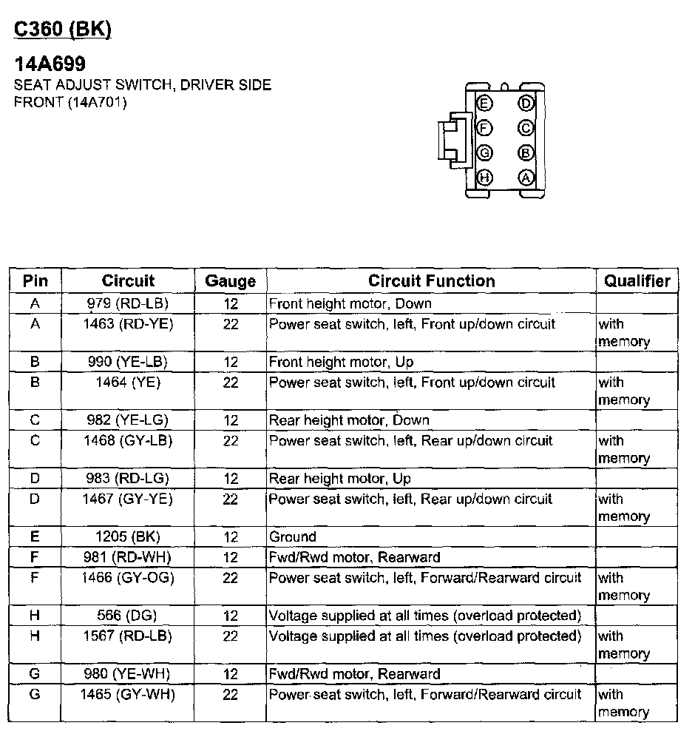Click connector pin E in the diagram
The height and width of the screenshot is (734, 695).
tap(485, 103)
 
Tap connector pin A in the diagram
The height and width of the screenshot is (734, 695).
tap(526, 178)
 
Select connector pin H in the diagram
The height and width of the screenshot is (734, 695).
tap(485, 178)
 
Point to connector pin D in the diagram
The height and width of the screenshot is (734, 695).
tap(526, 103)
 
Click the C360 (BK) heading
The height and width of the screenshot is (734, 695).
tap(63, 30)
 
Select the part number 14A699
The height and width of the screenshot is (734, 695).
tap(50, 64)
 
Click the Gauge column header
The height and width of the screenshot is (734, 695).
tap(231, 281)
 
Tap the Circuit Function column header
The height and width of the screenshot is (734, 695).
tap(432, 281)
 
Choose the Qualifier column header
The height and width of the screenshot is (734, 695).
tap(637, 281)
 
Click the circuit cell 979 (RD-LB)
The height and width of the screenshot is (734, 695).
tap(128, 303)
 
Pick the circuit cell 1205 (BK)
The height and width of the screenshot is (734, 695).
tap(128, 536)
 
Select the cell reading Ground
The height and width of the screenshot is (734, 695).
tap(293, 536)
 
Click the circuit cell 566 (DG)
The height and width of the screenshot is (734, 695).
tap(127, 616)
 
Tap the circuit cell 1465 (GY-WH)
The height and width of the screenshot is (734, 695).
tap(128, 695)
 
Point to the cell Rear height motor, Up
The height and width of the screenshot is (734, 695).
tap(339, 479)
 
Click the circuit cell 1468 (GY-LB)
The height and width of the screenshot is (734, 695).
tap(128, 441)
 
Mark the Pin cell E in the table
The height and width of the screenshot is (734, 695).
tap(35, 536)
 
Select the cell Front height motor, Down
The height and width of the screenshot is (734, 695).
tap(350, 303)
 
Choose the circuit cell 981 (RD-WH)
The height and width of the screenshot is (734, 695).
tap(128, 557)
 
